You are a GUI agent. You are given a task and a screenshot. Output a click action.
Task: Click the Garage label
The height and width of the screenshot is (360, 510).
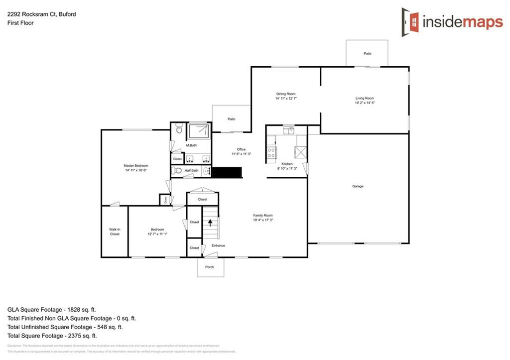point(358,186)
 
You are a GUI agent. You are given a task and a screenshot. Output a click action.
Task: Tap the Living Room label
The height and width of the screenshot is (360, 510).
point(364,98)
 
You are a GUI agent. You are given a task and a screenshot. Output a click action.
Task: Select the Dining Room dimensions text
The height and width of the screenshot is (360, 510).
point(286,99)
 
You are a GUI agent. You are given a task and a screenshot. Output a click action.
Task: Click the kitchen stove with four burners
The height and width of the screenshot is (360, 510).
point(272,152)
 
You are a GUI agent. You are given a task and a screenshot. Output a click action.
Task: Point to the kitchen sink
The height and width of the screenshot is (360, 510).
point(288,130)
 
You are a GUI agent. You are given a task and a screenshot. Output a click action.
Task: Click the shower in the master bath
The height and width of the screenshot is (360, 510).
point(199,131)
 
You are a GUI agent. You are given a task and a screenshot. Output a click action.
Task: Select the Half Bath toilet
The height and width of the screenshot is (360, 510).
point(176,170)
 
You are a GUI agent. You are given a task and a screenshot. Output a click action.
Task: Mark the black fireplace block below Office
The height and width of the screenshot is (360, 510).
point(227,172)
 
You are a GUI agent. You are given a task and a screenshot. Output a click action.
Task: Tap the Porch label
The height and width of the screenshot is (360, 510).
point(209,267)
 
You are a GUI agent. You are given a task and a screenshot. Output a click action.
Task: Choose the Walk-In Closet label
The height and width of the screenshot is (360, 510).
point(115,232)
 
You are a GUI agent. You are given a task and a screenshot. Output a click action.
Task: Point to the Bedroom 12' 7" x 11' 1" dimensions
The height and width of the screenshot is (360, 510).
point(157,234)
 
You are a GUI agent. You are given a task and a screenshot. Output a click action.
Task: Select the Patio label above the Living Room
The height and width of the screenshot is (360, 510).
point(367,53)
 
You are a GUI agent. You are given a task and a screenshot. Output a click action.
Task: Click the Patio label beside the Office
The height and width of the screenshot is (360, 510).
point(231,119)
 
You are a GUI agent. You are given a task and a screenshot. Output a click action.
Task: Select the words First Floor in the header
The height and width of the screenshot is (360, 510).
point(20,23)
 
